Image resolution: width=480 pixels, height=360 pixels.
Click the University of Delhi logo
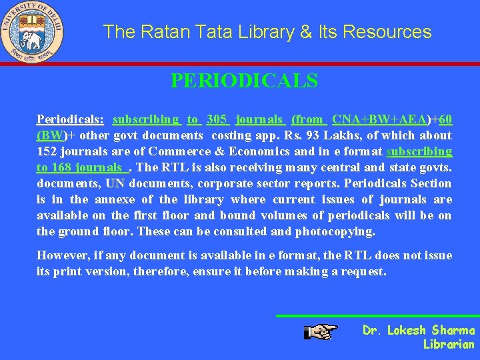tap(32, 32)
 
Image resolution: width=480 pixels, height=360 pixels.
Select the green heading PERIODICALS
tap(244, 81)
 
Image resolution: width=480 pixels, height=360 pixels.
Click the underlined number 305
tap(217, 119)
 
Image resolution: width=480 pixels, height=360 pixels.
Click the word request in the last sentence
tap(365, 271)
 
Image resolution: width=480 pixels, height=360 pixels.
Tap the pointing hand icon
tap(321, 331)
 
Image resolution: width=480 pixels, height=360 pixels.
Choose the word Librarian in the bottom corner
tap(449, 345)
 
